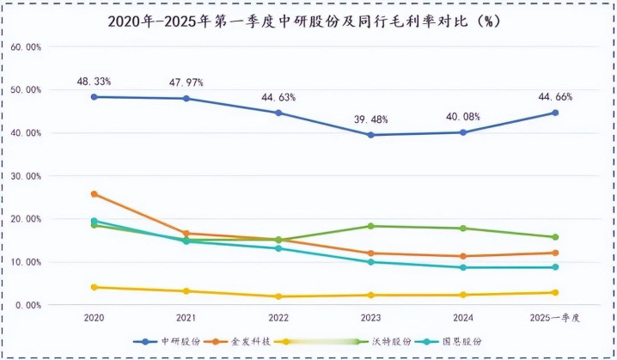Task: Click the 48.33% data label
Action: pyautogui.click(x=94, y=81)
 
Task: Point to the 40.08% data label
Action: pyautogui.click(x=462, y=116)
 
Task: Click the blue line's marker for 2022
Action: pyautogui.click(x=278, y=113)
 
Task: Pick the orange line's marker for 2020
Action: pyautogui.click(x=94, y=194)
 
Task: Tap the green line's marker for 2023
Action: pyautogui.click(x=370, y=226)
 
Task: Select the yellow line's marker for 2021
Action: pyautogui.click(x=186, y=291)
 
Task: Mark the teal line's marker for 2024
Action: pyautogui.click(x=462, y=267)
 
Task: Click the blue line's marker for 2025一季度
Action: pyautogui.click(x=555, y=113)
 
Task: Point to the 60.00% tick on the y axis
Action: pyautogui.click(x=26, y=47)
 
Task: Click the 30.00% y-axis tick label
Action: pyautogui.click(x=26, y=176)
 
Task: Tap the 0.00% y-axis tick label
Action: pyautogui.click(x=28, y=305)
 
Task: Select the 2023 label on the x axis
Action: pyautogui.click(x=370, y=318)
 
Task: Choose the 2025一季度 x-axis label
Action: pyautogui.click(x=554, y=318)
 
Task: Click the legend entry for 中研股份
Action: pyautogui.click(x=172, y=341)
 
